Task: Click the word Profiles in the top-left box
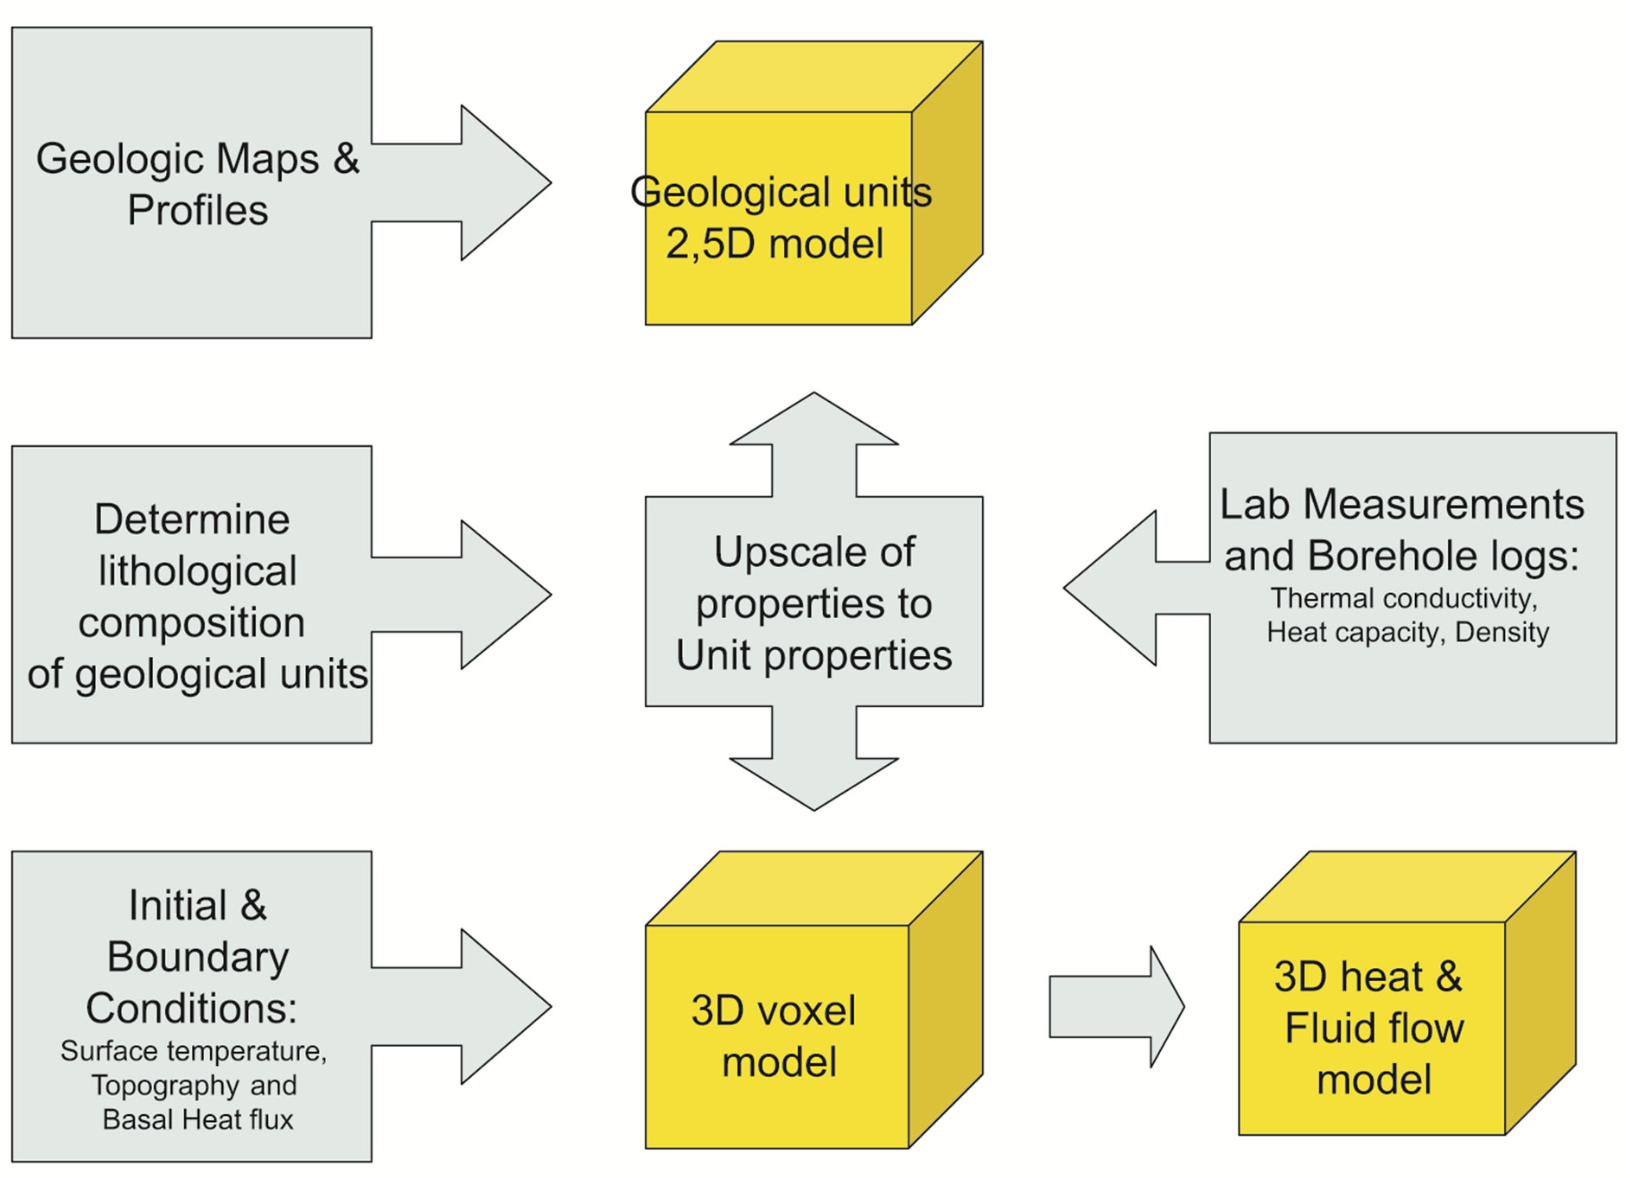coord(198,210)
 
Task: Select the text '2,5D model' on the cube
coord(775,244)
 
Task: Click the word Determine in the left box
coord(192,519)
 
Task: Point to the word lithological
coord(197,570)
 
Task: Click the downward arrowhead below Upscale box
coord(813,782)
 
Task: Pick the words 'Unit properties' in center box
coord(813,655)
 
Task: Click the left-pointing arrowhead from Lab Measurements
coord(1112,588)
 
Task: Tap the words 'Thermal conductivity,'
coord(1404,598)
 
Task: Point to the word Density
coord(1502,632)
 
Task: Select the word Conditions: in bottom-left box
coord(192,1008)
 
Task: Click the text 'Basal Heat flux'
coord(198,1119)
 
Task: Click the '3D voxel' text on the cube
coord(774,1010)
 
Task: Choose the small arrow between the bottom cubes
coord(1116,1006)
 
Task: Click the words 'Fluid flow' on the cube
coord(1374,1029)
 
